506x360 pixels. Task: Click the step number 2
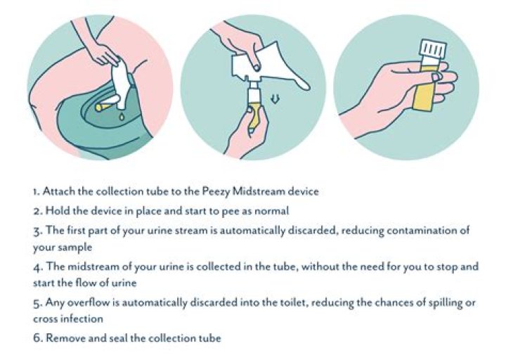pos(37,212)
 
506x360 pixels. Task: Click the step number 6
pos(37,338)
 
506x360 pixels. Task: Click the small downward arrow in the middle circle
pos(275,99)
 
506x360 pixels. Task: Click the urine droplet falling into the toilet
pos(122,116)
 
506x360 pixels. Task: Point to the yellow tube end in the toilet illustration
pos(99,107)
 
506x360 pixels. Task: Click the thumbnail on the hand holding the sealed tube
pos(436,77)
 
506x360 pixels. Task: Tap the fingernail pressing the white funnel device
pos(257,67)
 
